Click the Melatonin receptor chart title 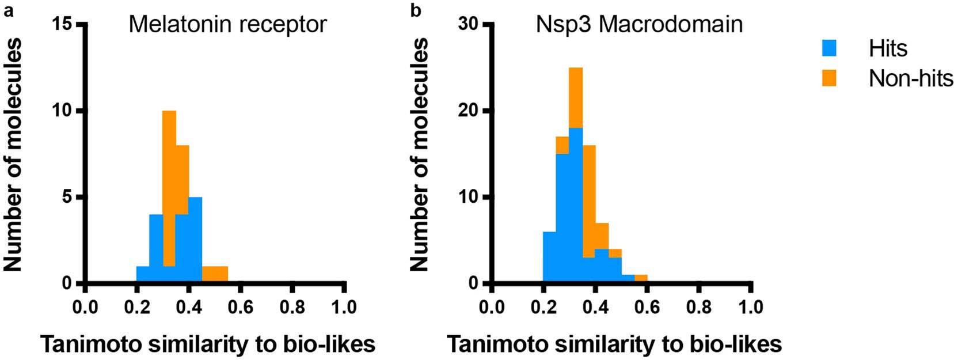click(x=227, y=25)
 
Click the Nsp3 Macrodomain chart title click(x=639, y=25)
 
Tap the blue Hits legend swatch click(x=829, y=48)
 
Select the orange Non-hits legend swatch click(x=829, y=78)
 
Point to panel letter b click(x=416, y=10)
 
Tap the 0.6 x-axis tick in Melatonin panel click(x=241, y=305)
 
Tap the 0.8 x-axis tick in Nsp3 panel click(x=699, y=305)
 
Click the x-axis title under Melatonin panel click(x=207, y=344)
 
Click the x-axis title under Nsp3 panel click(x=614, y=344)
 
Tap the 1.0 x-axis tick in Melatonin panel click(x=344, y=305)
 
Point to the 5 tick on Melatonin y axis click(x=68, y=197)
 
